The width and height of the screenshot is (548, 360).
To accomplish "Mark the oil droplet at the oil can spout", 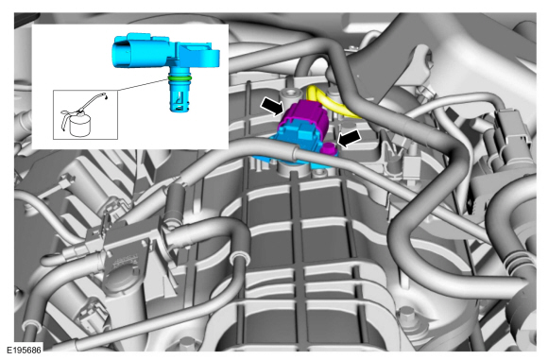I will point(107,94).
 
